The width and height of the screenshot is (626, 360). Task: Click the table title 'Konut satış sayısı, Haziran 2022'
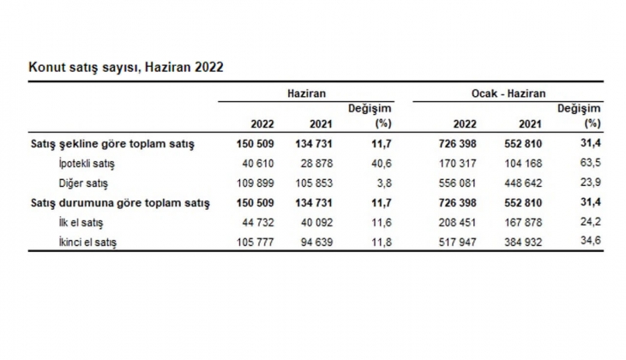click(126, 66)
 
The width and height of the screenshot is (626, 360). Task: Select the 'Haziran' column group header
click(306, 93)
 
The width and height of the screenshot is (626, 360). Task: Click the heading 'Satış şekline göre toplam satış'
click(112, 144)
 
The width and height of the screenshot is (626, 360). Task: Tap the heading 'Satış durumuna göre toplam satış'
click(120, 203)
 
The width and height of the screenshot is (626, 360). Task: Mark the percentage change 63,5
click(592, 164)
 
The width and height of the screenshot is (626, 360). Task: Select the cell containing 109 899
click(255, 183)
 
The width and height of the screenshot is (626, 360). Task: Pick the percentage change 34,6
click(592, 243)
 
